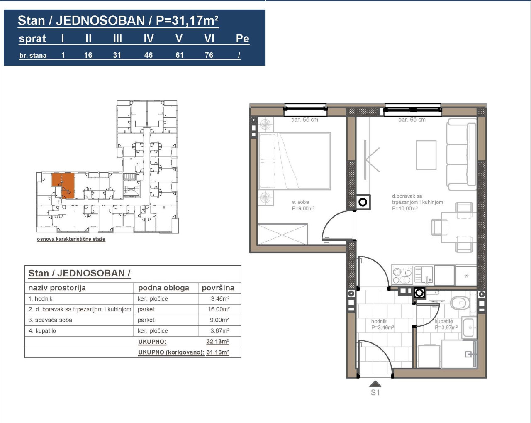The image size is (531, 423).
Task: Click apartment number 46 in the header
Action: pyautogui.click(x=148, y=55)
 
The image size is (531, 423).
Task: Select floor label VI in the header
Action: pyautogui.click(x=209, y=39)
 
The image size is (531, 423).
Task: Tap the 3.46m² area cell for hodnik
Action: pyautogui.click(x=220, y=299)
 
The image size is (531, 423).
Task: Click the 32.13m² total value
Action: pyautogui.click(x=218, y=342)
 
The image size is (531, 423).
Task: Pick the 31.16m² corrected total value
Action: pyautogui.click(x=218, y=352)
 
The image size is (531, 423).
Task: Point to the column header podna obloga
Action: pyautogui.click(x=163, y=288)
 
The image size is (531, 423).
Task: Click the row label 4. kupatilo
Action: pyautogui.click(x=42, y=331)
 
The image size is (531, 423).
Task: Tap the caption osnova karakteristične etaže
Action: pyautogui.click(x=71, y=239)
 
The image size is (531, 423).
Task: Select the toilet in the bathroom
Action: pyautogui.click(x=460, y=303)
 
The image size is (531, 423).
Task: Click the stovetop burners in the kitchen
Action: pyautogui.click(x=402, y=275)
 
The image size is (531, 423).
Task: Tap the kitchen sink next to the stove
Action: pyautogui.click(x=423, y=274)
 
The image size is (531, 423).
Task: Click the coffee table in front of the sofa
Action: pyautogui.click(x=426, y=155)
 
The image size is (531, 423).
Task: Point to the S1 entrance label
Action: pyautogui.click(x=375, y=392)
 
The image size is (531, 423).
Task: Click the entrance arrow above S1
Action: pyautogui.click(x=375, y=384)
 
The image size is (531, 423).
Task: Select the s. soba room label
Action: pyautogui.click(x=300, y=202)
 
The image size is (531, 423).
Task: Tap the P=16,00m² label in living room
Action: pyautogui.click(x=404, y=208)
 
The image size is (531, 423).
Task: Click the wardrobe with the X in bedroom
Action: pyautogui.click(x=282, y=234)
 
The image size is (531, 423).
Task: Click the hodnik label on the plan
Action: pyautogui.click(x=379, y=321)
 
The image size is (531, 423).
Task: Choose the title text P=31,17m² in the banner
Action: pyautogui.click(x=187, y=20)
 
